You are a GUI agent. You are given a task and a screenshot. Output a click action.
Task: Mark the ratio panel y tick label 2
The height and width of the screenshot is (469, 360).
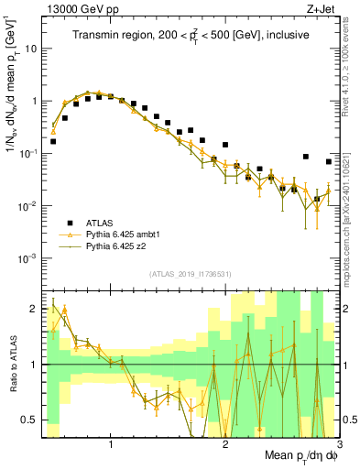pyautogui.click(x=35, y=310)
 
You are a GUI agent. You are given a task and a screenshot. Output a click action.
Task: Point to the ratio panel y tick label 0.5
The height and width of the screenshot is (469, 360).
pyautogui.click(x=30, y=420)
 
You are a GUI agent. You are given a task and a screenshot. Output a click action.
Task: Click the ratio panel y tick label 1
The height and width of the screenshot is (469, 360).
pyautogui.click(x=35, y=365)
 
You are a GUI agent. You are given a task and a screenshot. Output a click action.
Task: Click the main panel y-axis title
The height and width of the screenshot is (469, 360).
pyautogui.click(x=12, y=101)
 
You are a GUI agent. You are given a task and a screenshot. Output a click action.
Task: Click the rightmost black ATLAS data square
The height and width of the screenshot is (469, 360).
pyautogui.click(x=329, y=161)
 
